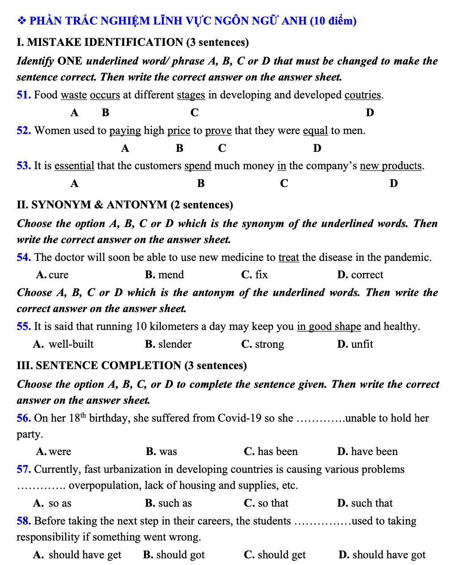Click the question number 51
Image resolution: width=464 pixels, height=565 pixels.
23,95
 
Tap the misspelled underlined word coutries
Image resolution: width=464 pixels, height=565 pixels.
363,95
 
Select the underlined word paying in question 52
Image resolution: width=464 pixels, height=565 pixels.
125,130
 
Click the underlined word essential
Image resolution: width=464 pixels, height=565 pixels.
74,166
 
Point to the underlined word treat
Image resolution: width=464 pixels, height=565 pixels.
289,257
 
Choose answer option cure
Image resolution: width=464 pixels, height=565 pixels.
58,275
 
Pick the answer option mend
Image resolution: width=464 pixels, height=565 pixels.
171,275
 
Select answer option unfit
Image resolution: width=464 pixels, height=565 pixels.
362,344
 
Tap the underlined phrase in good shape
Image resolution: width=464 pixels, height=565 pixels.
329,326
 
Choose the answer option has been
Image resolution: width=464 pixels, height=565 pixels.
278,451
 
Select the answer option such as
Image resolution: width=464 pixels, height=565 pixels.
175,503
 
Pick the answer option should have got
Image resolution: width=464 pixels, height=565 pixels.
389,555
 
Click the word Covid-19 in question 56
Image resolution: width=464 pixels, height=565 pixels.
238,418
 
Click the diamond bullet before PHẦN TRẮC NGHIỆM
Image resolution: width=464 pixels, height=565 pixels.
21,21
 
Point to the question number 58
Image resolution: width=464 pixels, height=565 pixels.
23,521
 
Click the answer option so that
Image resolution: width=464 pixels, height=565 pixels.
273,503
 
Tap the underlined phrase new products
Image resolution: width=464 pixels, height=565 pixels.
391,166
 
